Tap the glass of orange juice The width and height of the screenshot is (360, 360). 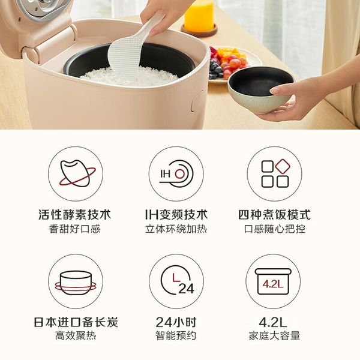[199, 17]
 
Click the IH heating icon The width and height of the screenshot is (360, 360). [176, 174]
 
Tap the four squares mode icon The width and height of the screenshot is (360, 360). [274, 174]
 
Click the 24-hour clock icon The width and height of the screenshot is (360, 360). [176, 281]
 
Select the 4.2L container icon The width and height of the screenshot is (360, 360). [273, 281]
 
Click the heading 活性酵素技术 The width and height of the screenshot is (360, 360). [75, 215]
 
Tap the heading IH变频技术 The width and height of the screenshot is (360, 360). [176, 215]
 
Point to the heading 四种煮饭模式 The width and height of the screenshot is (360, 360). [274, 215]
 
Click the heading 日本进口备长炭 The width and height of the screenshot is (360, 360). [76, 322]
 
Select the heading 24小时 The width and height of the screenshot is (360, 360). [176, 322]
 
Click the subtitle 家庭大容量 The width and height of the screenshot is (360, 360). [274, 335]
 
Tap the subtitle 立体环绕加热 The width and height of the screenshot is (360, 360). [176, 229]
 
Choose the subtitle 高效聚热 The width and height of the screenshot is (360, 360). [76, 335]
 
